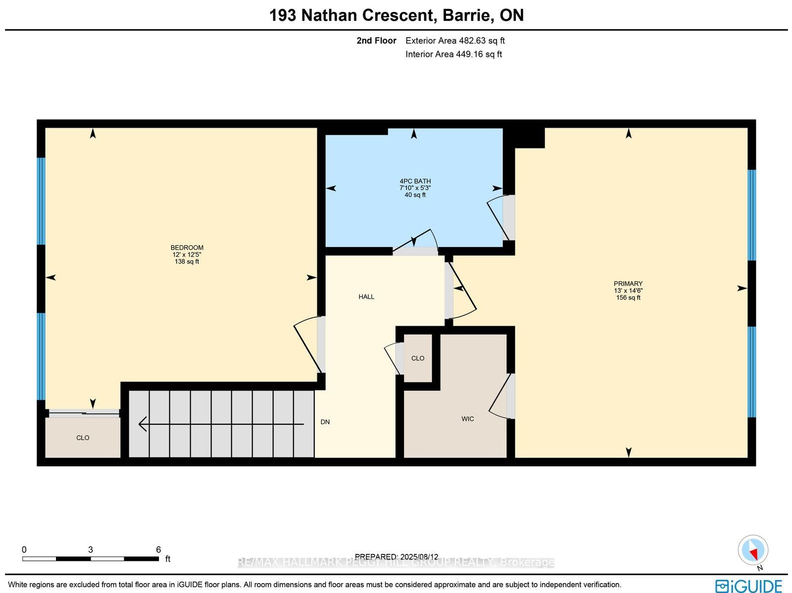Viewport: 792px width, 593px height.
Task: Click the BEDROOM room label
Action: pos(187,247)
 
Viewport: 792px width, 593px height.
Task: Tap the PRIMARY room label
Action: pos(628,284)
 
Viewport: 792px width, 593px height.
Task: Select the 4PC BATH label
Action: pos(415,181)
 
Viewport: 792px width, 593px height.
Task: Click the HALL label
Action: pos(366,296)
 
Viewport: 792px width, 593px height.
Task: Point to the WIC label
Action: pos(467,419)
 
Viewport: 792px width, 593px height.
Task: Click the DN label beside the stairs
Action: pos(325,422)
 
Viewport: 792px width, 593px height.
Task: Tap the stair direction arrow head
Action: pos(142,424)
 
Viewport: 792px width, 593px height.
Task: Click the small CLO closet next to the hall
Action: pos(417,358)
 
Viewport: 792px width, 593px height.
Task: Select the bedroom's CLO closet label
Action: pos(83,438)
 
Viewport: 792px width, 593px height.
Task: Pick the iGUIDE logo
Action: pos(748,585)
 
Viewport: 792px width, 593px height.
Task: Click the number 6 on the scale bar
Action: pos(158,549)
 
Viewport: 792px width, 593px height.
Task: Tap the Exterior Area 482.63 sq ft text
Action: pos(455,41)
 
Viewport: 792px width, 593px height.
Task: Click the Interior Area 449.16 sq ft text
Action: pos(453,54)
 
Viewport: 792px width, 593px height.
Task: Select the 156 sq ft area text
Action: pos(628,297)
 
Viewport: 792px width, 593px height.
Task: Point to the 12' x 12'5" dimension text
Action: pos(187,254)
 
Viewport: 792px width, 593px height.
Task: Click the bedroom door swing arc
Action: pos(304,346)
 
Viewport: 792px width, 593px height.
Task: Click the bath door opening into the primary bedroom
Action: pos(497,218)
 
